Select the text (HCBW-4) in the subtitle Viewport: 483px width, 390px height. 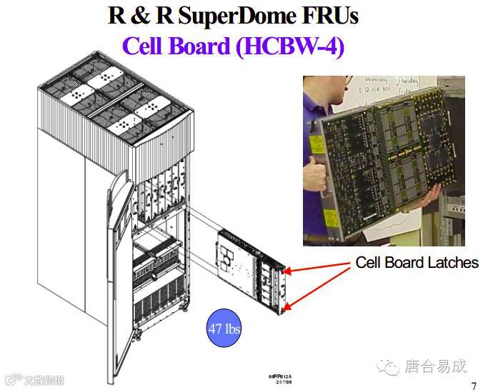289,46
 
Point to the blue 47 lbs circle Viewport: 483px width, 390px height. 224,329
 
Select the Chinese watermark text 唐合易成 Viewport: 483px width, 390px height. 436,367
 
